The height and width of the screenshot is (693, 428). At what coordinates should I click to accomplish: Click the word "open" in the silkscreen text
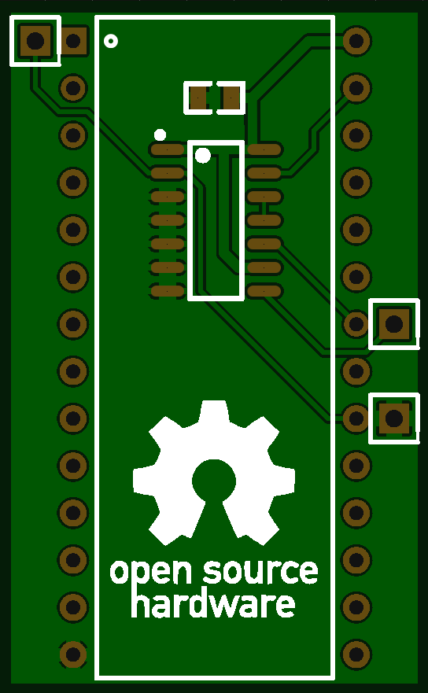151,573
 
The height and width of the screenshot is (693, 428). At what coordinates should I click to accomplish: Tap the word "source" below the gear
260,571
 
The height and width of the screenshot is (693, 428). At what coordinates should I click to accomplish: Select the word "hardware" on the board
213,604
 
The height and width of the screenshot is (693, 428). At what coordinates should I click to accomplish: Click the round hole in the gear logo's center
214,480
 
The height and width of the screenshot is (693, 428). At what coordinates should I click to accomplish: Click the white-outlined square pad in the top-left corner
35,41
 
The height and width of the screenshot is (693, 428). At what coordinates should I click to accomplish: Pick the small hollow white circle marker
110,41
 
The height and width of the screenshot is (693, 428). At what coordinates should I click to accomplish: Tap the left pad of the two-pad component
197,98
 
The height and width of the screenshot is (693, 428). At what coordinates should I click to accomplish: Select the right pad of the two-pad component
231,98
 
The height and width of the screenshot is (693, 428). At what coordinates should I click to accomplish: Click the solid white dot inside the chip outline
202,155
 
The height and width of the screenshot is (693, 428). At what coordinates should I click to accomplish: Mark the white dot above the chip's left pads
160,135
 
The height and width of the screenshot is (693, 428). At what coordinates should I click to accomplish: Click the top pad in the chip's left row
167,149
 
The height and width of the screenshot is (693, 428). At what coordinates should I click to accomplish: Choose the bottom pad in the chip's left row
167,291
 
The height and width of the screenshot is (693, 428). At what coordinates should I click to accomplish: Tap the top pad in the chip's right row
264,149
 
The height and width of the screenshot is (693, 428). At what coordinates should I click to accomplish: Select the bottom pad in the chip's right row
264,291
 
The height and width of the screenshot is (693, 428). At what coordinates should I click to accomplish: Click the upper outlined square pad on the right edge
394,324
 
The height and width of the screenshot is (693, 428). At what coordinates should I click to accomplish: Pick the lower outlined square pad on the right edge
394,418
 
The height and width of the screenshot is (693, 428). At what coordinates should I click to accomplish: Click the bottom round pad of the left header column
73,654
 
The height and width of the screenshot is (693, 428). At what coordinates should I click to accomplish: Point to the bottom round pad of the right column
356,654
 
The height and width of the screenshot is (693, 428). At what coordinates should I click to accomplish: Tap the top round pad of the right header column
356,41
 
